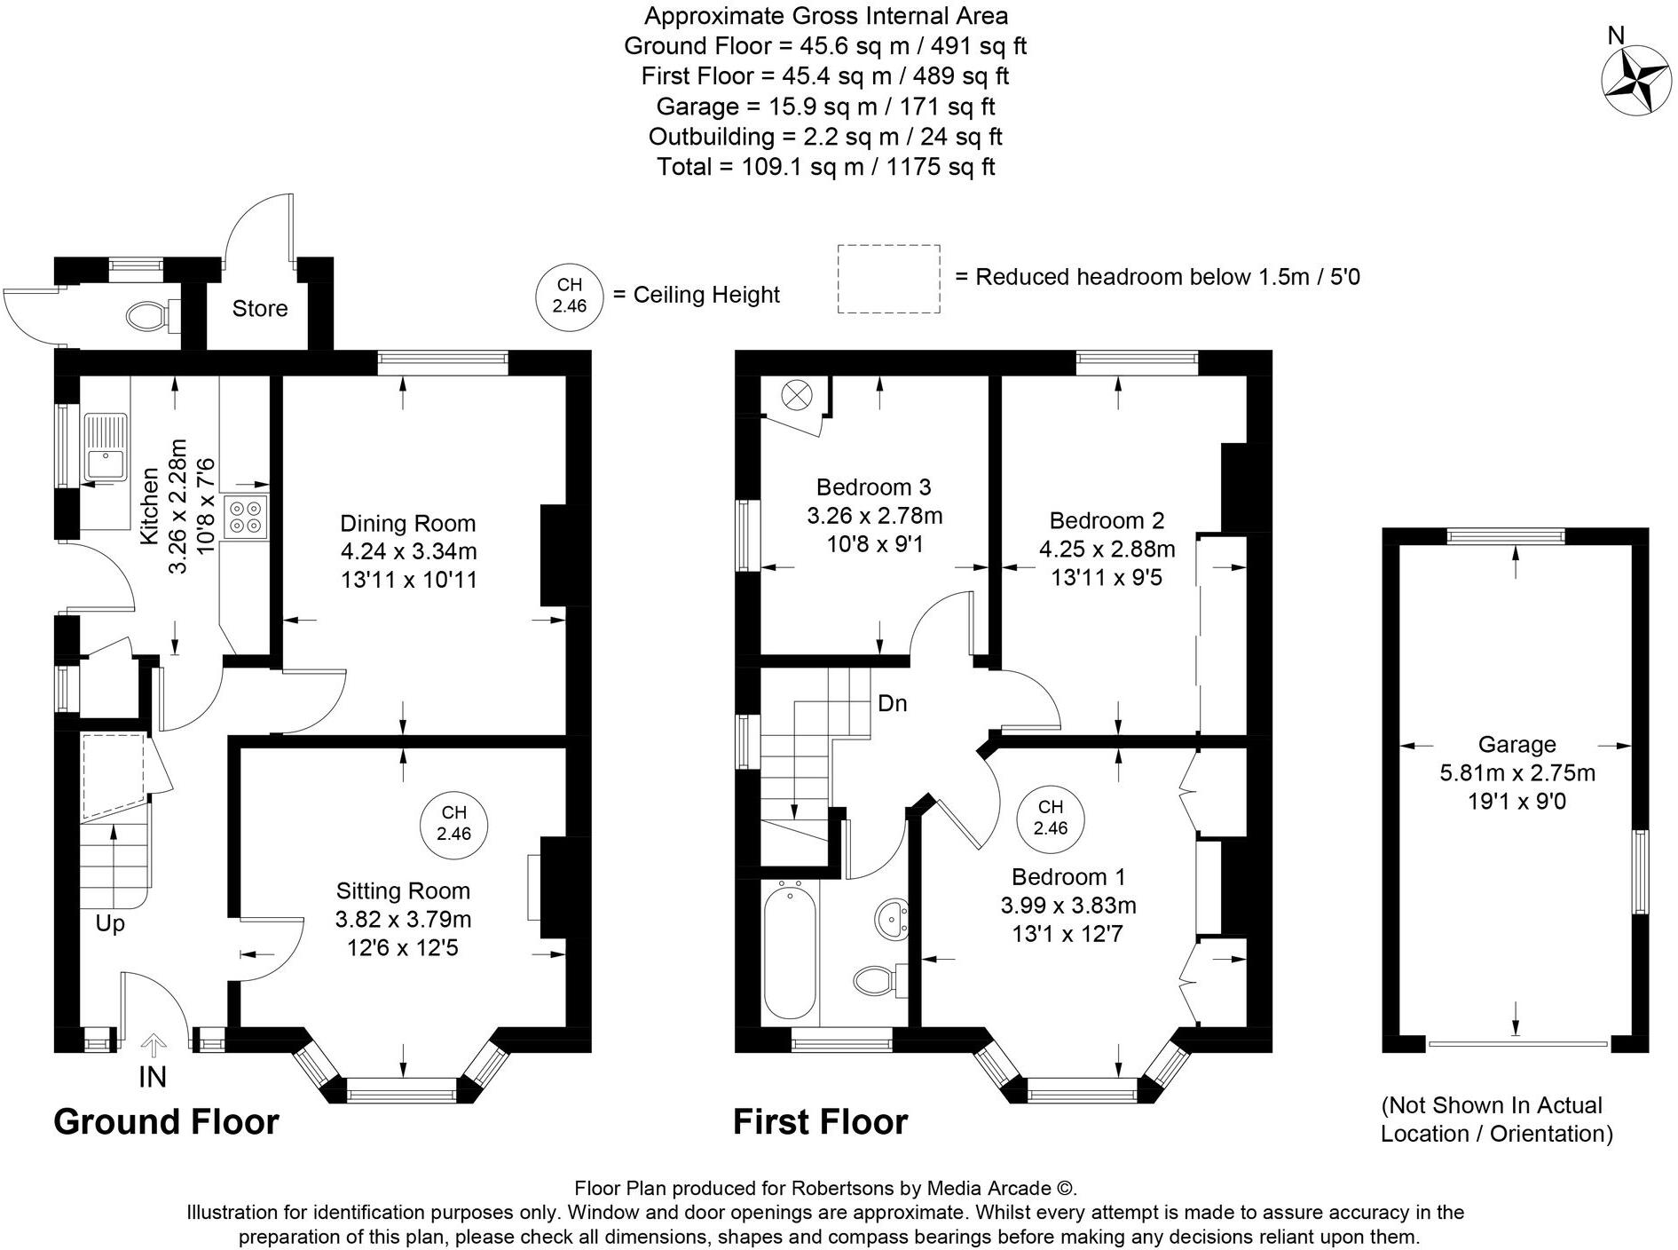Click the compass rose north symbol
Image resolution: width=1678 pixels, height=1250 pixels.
tap(1635, 83)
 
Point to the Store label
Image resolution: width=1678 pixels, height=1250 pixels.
tap(260, 308)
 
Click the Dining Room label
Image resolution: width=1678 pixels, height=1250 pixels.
tap(408, 523)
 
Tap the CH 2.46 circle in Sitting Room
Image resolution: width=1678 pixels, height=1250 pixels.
tap(453, 823)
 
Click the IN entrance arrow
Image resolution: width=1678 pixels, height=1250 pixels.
tap(154, 1046)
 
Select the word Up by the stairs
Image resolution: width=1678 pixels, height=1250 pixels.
tap(110, 923)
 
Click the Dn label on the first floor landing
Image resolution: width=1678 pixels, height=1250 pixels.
tap(892, 704)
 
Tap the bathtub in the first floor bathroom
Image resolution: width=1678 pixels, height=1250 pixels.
tap(790, 950)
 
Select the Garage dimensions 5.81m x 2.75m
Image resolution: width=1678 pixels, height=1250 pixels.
tap(1517, 773)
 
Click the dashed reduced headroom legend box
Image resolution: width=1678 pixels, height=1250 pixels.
tap(888, 279)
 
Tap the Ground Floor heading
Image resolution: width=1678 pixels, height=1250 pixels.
tap(166, 1121)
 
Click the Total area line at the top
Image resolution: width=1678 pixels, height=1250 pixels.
tap(825, 166)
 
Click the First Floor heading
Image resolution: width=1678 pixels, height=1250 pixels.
tap(820, 1121)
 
